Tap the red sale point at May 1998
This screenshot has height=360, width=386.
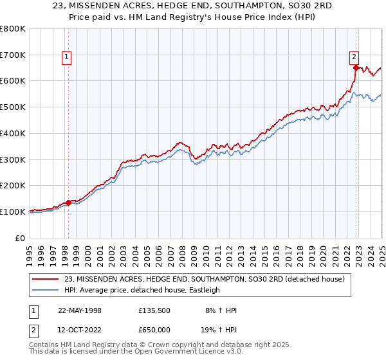tap(68, 203)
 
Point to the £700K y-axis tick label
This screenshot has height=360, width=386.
tap(13, 55)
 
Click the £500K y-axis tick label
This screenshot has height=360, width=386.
tap(13, 107)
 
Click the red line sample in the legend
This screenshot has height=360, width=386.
tap(46, 279)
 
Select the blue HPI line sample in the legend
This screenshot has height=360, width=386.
tap(46, 290)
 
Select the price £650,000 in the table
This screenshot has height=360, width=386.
tap(154, 329)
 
